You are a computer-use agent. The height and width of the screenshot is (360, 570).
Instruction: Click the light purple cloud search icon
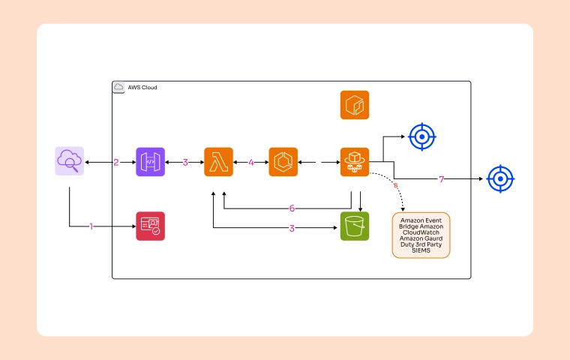tap(69, 161)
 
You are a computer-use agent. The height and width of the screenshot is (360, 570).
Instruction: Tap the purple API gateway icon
tap(150, 161)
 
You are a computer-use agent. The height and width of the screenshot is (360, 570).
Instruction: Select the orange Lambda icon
tap(218, 161)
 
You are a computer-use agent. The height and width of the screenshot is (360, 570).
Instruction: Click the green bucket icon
tap(355, 226)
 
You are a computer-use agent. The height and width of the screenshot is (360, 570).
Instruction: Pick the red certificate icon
tap(150, 226)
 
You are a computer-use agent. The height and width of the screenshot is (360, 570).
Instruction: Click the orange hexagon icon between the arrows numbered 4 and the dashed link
tap(283, 161)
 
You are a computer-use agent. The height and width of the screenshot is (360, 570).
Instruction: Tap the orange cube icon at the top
tap(355, 105)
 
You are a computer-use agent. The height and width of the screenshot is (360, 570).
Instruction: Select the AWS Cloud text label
tap(142, 88)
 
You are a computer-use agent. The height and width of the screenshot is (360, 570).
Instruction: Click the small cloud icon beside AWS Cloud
tap(118, 88)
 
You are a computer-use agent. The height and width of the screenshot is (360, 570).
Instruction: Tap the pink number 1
tap(91, 226)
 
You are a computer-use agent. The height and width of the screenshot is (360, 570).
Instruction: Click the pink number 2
tap(116, 162)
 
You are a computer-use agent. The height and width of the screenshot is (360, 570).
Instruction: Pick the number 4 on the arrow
tap(251, 162)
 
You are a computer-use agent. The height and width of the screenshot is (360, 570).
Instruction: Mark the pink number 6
tap(292, 208)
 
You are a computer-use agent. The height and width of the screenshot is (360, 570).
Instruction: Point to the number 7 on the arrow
tap(442, 180)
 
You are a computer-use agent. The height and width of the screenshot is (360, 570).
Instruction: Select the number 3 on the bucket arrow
tap(292, 227)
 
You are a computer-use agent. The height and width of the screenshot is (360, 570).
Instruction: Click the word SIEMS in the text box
tap(421, 250)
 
